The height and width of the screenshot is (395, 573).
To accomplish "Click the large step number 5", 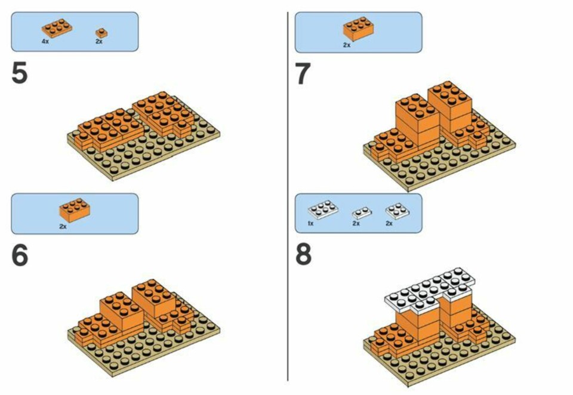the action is pos(20,73).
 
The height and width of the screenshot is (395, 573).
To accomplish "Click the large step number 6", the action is pos(20,255).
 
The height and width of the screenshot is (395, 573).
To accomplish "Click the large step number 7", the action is pos(303,73).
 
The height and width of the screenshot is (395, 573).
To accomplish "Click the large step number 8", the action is pos(303,254).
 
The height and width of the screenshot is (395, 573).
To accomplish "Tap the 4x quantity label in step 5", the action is pos(45,42).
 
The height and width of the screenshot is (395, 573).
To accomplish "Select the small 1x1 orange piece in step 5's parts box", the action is pos(101,33).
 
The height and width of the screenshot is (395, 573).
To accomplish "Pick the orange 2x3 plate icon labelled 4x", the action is pos(57,28).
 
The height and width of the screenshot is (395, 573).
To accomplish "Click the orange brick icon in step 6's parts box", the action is pos(75,210).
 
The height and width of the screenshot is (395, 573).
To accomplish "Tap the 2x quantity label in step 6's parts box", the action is pos(63,227).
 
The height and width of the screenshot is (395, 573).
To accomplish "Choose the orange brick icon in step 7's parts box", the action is pos(359,29).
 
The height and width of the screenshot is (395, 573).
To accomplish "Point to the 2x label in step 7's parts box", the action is pos(346,45).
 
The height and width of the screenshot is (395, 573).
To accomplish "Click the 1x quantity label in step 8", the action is pos(310,223).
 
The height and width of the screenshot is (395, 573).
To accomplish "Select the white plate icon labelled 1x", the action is pos(323,209).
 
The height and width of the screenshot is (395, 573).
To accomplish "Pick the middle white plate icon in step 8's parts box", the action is pos(362,212).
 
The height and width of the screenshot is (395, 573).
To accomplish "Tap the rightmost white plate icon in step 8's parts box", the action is pos(398,211).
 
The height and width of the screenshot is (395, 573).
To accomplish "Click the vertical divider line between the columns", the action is pos(288,196).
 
